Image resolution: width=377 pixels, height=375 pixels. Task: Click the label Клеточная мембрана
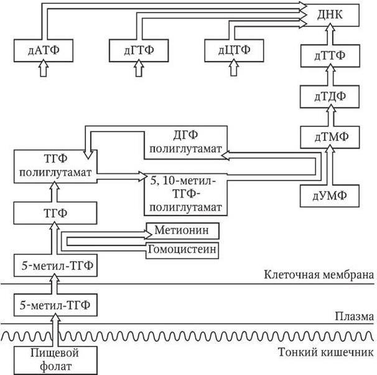pos(319,274)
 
